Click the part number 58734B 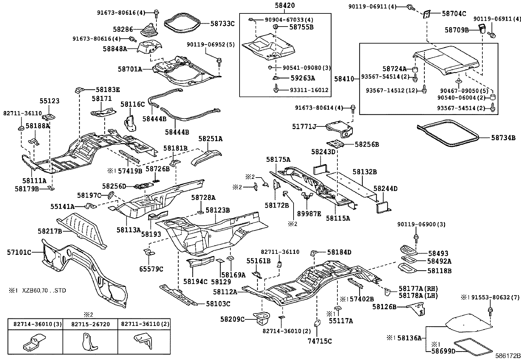click(503, 138)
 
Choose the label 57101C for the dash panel click(19, 252)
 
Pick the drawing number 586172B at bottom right click(507, 355)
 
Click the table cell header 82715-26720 click(90, 324)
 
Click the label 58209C click(232, 319)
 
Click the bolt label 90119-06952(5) click(211, 44)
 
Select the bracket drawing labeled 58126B click(417, 309)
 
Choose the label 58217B click(50, 231)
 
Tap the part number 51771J click(304, 126)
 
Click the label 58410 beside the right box click(344, 79)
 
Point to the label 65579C click(151, 269)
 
